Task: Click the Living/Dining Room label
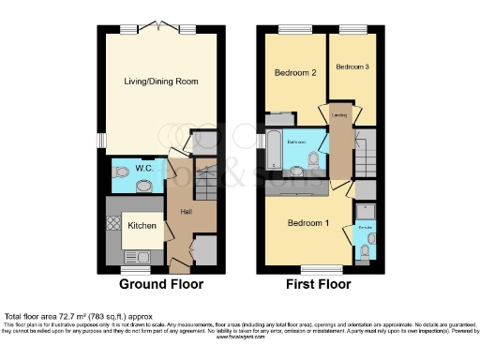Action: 161,82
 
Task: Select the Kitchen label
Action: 142,226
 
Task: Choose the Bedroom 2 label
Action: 294,72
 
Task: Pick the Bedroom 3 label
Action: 352,67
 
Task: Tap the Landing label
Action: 340,116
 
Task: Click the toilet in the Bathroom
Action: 298,172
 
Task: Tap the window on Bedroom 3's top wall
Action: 352,29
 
